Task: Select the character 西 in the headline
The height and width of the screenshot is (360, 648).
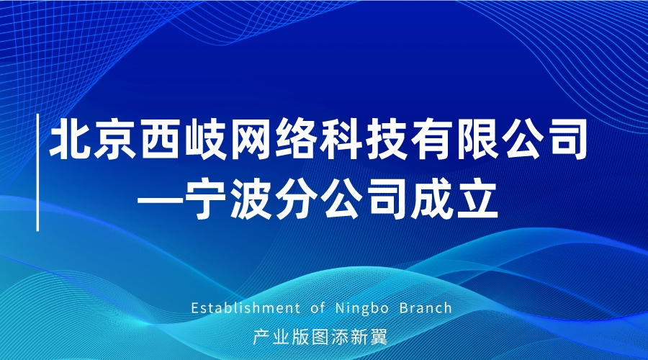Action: pos(160,139)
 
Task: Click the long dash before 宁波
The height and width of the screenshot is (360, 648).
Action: pos(159,201)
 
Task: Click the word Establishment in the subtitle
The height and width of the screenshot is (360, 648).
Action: pos(246,308)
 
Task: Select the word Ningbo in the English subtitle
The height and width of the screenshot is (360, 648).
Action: pos(362,309)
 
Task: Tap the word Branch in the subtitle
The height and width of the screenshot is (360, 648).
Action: pos(426,308)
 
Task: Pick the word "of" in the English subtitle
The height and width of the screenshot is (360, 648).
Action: pos(318,308)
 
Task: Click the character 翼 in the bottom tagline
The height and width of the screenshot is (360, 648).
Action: pos(379,337)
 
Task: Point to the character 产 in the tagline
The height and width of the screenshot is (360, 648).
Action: pos(261,337)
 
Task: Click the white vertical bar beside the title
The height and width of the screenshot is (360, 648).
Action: pos(37,172)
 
